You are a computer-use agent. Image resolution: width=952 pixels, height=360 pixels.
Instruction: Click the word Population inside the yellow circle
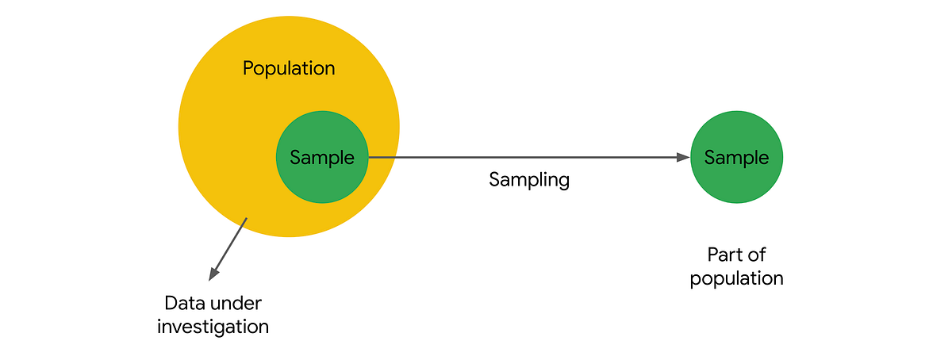tap(289, 68)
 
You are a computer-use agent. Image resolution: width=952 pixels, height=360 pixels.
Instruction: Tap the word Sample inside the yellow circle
tap(321, 157)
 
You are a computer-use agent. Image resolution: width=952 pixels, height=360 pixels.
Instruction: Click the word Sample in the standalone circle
tap(736, 157)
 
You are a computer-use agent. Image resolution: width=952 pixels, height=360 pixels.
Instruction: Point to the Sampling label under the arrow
tap(529, 179)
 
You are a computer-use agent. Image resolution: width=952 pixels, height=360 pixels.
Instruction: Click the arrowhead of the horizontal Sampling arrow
tap(683, 157)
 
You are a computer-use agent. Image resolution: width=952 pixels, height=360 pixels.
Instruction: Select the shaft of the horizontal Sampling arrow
tap(524, 157)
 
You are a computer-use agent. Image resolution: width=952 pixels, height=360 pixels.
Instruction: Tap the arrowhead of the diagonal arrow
tap(213, 274)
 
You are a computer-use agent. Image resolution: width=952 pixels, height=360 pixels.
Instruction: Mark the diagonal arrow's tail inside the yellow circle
tap(247, 219)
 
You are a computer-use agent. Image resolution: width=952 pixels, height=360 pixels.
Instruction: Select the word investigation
tap(213, 326)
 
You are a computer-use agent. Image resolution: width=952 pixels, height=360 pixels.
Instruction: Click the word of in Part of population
tap(758, 255)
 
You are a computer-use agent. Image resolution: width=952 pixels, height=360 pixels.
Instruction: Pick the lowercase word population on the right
tap(736, 278)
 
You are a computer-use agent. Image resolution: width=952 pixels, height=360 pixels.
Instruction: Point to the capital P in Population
tap(248, 68)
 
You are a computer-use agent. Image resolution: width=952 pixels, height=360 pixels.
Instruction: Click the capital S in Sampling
tap(494, 179)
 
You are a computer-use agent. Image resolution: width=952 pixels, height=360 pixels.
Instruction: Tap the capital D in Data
tap(170, 303)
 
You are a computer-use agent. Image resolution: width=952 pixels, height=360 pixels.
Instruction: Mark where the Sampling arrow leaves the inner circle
tap(368, 157)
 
